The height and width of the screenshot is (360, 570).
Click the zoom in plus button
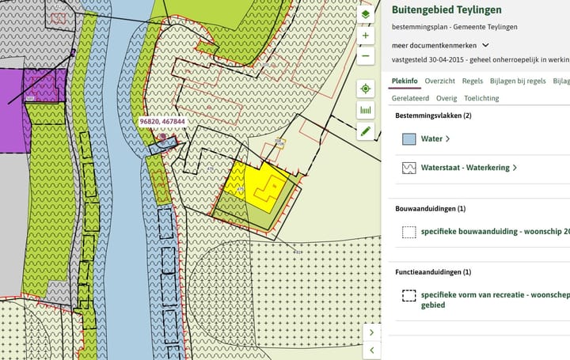366,36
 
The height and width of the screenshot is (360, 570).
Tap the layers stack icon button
366,14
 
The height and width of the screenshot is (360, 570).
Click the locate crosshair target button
366,89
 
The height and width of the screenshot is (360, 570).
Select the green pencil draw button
366,131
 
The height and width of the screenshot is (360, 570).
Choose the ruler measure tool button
366,110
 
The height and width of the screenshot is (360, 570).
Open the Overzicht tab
439,81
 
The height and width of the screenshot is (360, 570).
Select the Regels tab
473,81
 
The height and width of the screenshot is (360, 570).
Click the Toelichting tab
481,98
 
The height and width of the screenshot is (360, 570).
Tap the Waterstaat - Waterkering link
467,168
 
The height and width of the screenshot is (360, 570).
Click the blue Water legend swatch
408,139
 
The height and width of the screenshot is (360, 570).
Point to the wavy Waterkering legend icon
408,168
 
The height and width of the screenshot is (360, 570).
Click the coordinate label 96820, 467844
161,122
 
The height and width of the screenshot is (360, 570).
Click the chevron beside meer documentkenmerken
485,45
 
